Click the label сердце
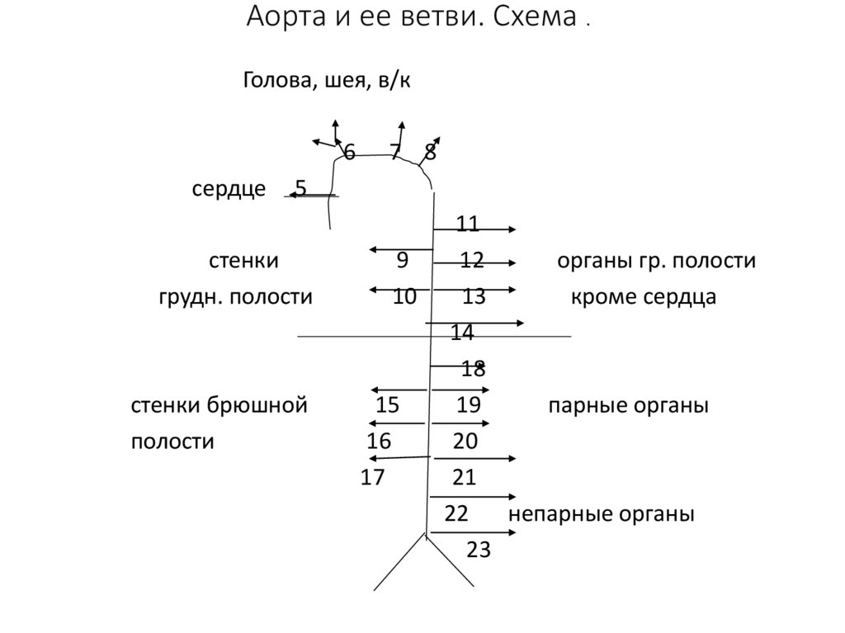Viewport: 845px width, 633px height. point(229,190)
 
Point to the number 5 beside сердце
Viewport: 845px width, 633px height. point(301,189)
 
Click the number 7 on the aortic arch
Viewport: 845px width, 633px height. point(395,152)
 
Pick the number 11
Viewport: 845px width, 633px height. point(467,224)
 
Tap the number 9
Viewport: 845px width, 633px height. point(402,261)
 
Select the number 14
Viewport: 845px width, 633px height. point(462,333)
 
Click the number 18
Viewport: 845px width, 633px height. point(473,369)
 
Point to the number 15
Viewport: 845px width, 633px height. point(387,405)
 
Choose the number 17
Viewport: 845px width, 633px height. point(373,478)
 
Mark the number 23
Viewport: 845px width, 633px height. point(479,550)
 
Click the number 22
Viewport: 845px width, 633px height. point(456,514)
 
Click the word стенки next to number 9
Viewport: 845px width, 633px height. point(243,262)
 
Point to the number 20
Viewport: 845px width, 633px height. point(465,442)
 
